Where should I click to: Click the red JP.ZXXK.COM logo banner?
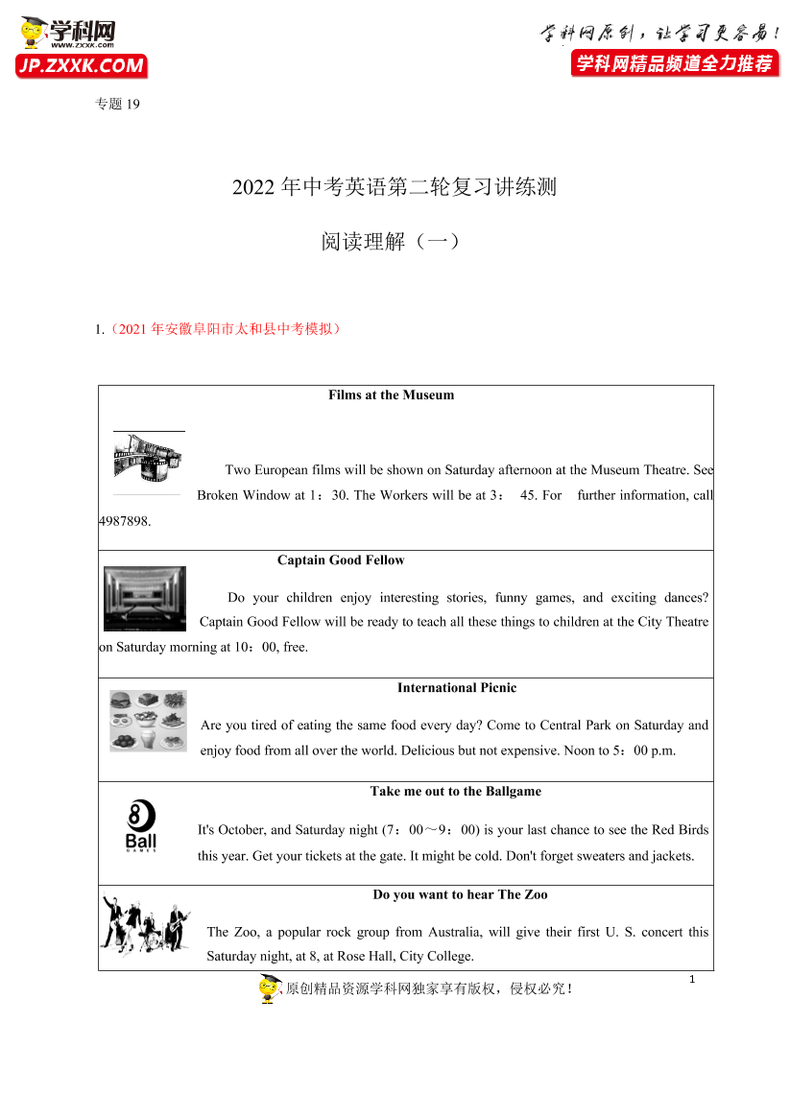point(82,66)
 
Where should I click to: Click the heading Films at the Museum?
point(391,395)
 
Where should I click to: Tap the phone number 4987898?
point(125,522)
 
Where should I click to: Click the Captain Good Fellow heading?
point(341,560)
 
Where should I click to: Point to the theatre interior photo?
point(145,599)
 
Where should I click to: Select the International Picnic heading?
point(456,688)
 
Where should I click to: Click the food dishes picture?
point(148,720)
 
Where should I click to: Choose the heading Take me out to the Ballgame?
point(455,792)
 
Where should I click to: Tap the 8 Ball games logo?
point(141,825)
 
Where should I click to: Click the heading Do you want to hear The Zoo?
point(460,895)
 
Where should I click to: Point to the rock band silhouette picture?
point(146,924)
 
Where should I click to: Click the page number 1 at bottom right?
point(691,979)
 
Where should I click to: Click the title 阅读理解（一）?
point(392,242)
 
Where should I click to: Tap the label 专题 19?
point(118,105)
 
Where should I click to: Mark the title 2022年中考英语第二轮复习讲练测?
point(394,187)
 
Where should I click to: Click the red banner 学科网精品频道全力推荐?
point(673,64)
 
